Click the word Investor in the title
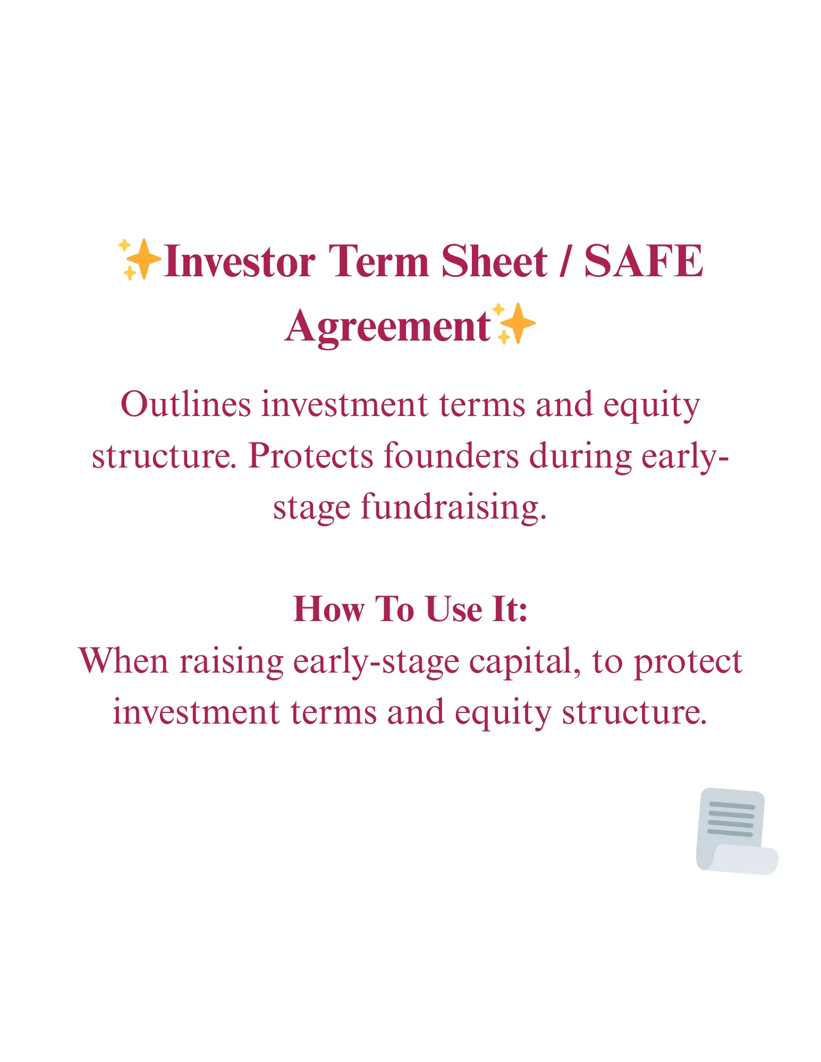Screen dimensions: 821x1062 [x=240, y=261]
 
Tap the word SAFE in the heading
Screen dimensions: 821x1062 [x=644, y=261]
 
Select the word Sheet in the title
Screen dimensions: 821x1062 [x=494, y=261]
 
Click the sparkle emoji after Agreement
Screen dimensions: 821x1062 [x=514, y=324]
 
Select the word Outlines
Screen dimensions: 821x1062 [x=185, y=405]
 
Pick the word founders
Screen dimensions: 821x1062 [x=451, y=455]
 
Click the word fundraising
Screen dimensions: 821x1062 [x=454, y=507]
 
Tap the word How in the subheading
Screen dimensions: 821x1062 [x=329, y=609]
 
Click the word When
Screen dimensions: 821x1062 [x=123, y=661]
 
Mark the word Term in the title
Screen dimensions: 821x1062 [x=378, y=261]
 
